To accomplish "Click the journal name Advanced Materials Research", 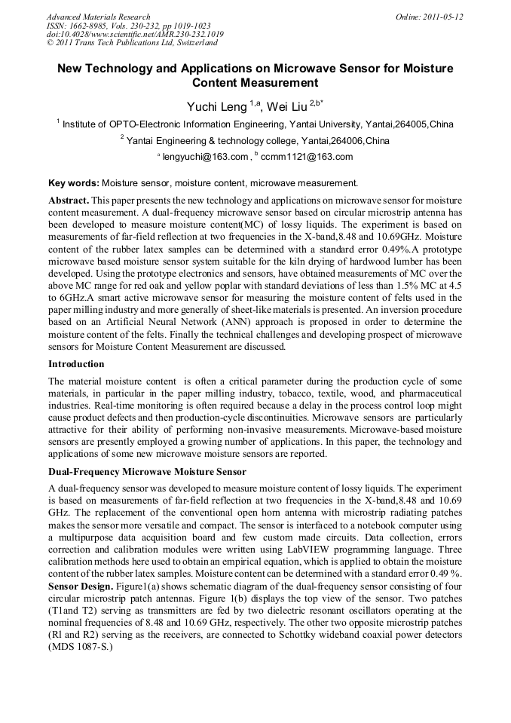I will (98, 17).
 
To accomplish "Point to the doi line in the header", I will (135, 34).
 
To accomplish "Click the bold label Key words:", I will (73, 182).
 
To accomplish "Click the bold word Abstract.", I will (69, 201).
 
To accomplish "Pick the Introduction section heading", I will (76, 364).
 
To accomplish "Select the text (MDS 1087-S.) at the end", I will (81, 648).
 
